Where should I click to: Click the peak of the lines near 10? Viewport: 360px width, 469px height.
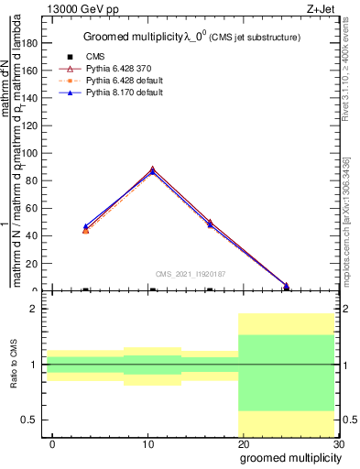(152, 169)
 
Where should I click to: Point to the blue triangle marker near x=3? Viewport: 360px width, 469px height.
(85, 226)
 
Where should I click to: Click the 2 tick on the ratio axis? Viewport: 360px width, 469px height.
(38, 310)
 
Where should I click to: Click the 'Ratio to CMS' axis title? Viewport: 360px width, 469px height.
(14, 365)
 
